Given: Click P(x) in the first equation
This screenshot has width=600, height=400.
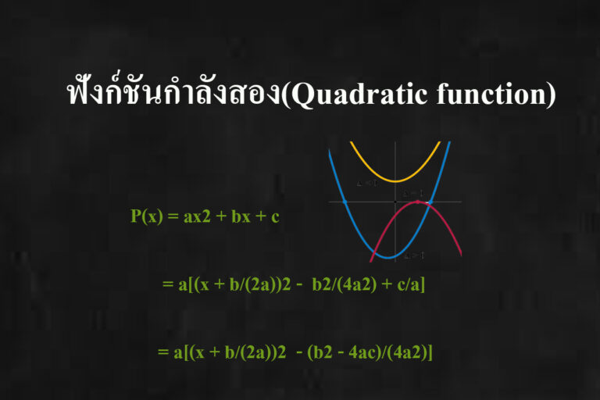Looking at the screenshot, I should tap(146, 216).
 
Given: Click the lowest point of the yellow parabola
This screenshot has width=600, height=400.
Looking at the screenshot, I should tap(395, 180).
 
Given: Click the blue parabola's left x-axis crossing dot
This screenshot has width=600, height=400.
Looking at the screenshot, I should tap(345, 202).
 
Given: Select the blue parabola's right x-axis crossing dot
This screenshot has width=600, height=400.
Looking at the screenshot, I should tap(428, 202).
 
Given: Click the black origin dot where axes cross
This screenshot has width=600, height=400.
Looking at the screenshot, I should tap(395, 202).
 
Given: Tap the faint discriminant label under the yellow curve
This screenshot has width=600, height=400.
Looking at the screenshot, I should tap(366, 184).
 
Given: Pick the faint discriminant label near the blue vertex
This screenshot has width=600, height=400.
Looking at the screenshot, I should tap(413, 255).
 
